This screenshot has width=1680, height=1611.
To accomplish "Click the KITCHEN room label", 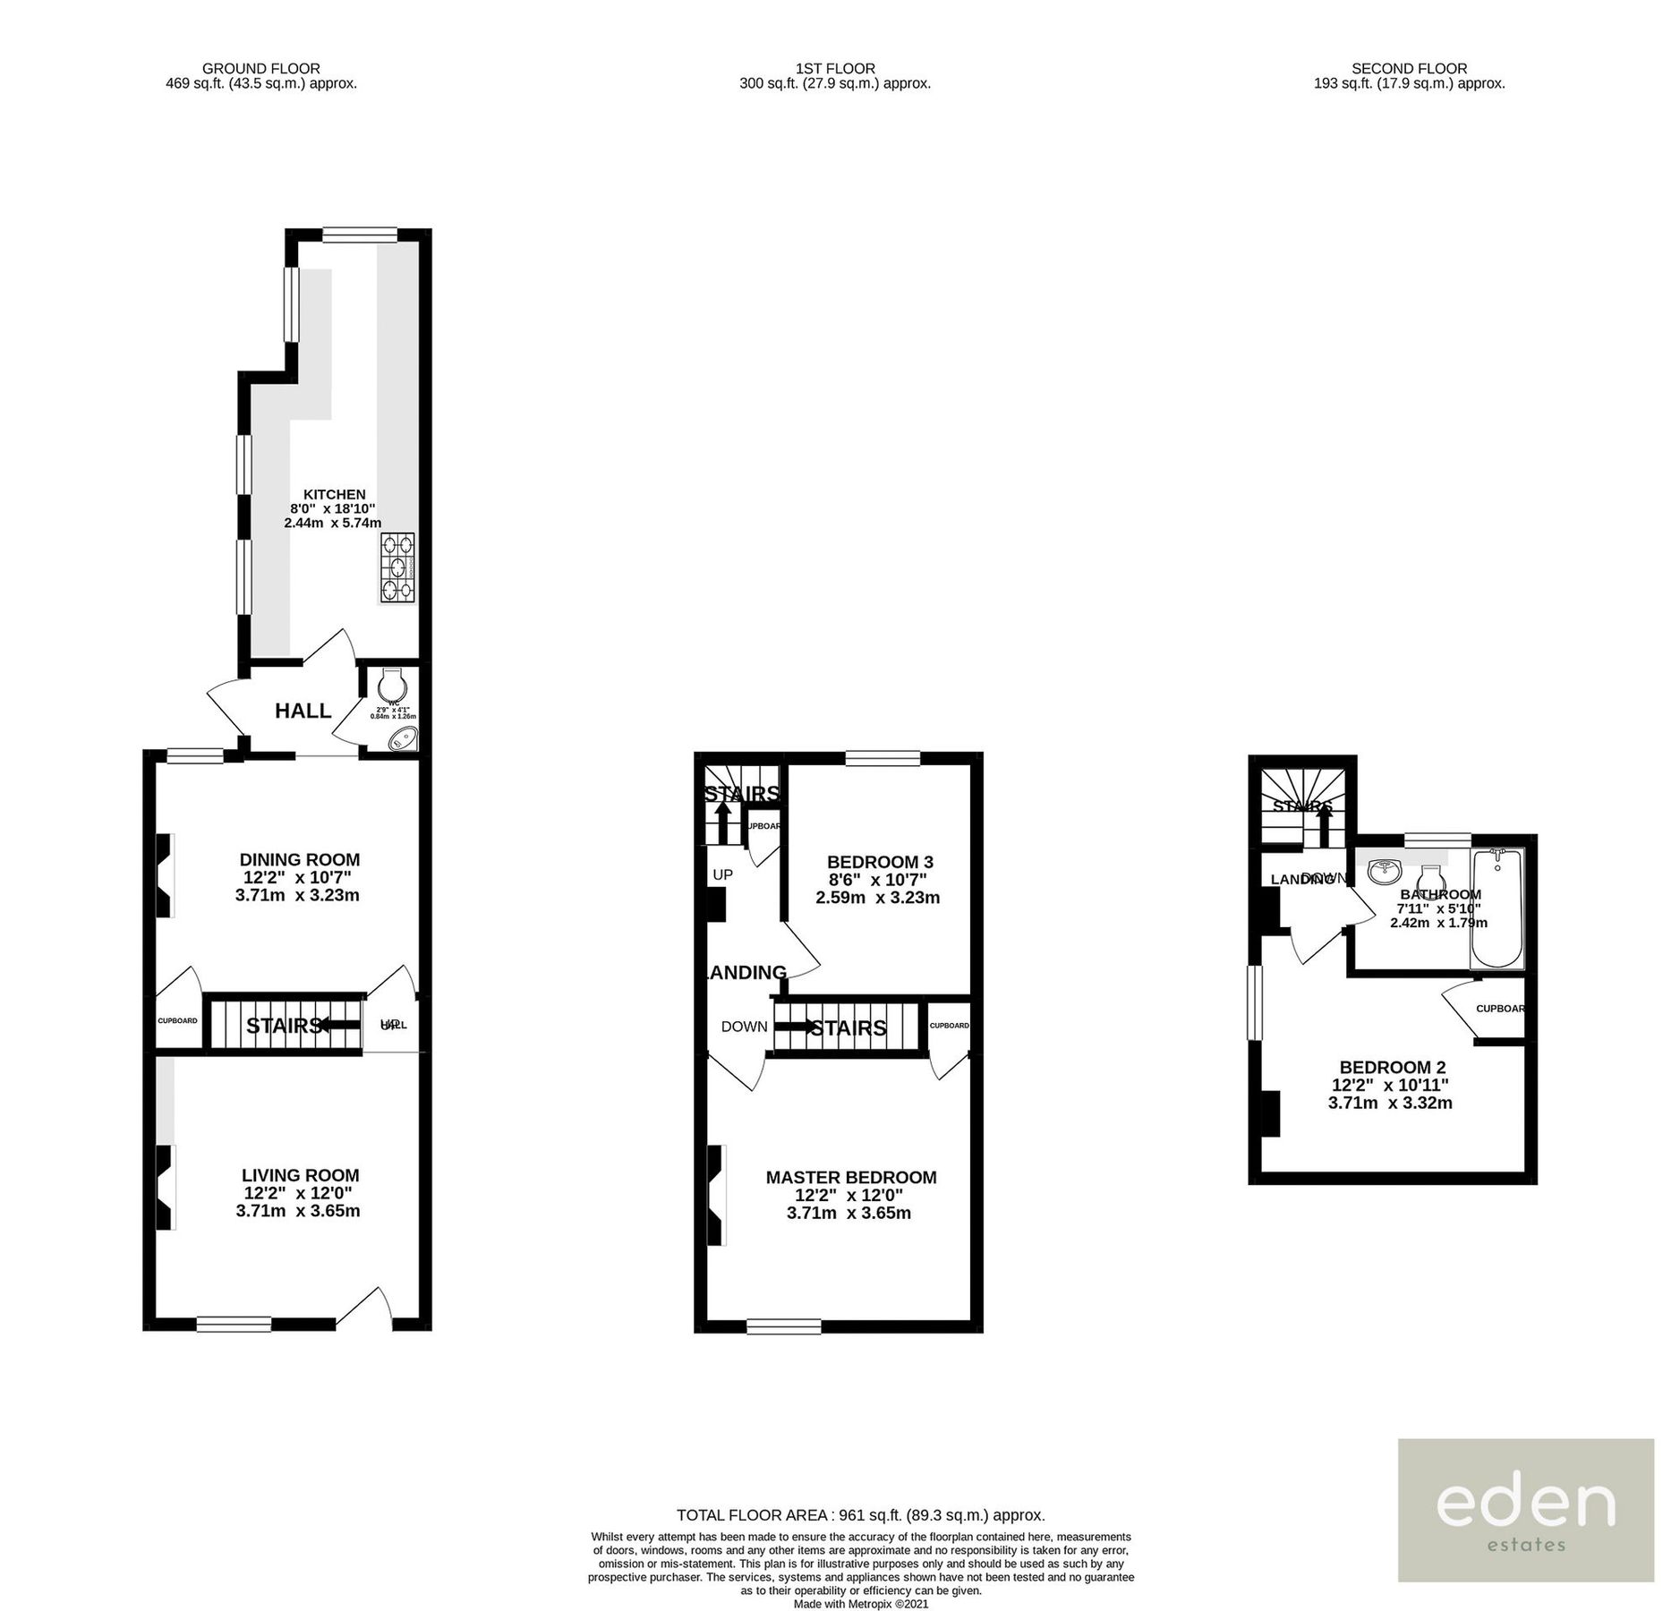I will (334, 494).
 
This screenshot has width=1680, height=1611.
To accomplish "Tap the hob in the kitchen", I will (397, 567).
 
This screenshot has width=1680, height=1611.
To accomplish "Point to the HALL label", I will (303, 711).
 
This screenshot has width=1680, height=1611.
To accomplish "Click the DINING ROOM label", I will (299, 859).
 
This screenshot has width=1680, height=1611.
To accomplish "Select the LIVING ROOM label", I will (300, 1175).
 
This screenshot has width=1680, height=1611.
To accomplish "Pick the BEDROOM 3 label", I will (879, 862).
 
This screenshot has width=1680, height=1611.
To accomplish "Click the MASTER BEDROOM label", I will (850, 1178).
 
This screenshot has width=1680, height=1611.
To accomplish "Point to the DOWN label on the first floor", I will (744, 1027).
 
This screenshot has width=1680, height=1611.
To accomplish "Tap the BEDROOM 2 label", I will (1392, 1068).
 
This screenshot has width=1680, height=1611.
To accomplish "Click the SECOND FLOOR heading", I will (1409, 68).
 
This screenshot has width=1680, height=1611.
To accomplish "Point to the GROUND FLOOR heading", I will (260, 68).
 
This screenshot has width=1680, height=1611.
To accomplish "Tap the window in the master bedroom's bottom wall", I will (783, 1326).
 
